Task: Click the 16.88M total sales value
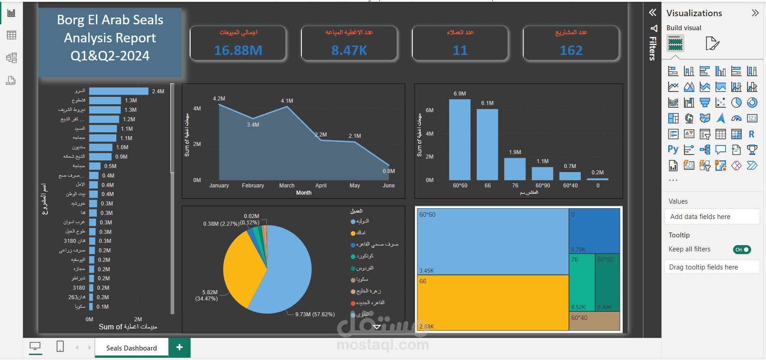coord(238,50)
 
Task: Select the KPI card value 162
coord(571,50)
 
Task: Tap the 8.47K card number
coord(349,50)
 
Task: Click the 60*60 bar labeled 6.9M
coord(460,140)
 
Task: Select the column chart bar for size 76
coord(515,169)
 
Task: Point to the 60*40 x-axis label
coord(570,186)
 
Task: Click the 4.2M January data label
coord(219,99)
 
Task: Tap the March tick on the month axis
coord(287,186)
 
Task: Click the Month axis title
coord(304,193)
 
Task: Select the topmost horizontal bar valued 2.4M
coord(119,91)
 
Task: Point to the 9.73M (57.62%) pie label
coord(315,314)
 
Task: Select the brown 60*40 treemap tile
coord(594,321)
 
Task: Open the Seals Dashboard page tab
coord(132,348)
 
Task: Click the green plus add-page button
coord(179,347)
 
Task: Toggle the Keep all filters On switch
coord(742,250)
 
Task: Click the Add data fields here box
coord(711,217)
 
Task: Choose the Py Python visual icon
coord(673,150)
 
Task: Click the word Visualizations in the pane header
coord(694,13)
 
